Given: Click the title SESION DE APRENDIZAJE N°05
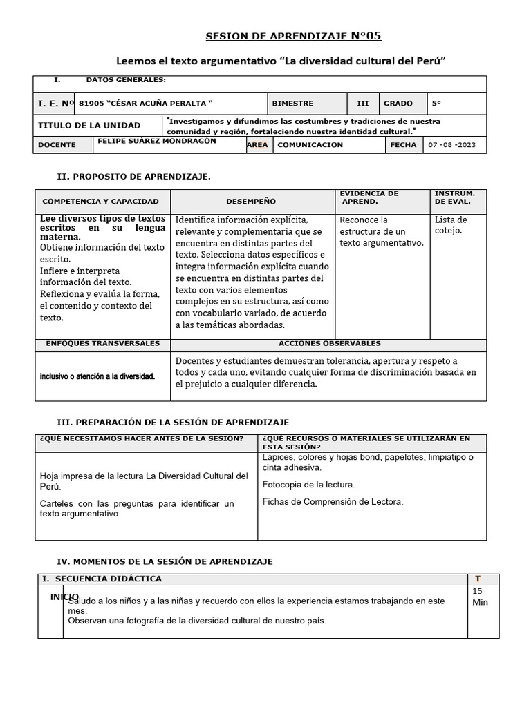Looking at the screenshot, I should tap(294, 36).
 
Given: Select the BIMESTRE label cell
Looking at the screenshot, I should tap(292, 103).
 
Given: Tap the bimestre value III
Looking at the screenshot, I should tap(362, 103).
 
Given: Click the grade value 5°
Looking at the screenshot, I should tap(436, 103).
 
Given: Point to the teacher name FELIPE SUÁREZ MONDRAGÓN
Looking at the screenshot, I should tap(158, 141).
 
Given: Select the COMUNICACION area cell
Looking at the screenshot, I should tap(310, 145).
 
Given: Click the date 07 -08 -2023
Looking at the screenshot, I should tap(452, 145).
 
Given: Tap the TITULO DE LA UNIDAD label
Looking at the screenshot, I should tap(89, 125).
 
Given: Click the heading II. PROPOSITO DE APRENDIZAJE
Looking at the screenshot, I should tap(133, 177).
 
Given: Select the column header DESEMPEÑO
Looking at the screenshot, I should tap(251, 201).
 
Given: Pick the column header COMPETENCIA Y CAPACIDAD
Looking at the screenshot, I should tap(101, 201).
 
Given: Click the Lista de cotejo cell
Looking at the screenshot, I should tap(450, 225).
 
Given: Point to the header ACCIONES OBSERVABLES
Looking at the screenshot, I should tap(329, 343).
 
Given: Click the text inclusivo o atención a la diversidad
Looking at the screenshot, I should tap(97, 376).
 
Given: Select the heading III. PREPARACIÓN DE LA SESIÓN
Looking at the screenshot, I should tap(172, 422).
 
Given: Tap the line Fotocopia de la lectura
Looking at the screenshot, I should tap(308, 484).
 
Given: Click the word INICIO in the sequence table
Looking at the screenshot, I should tap(64, 596).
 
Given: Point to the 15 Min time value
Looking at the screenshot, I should tap(480, 597).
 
